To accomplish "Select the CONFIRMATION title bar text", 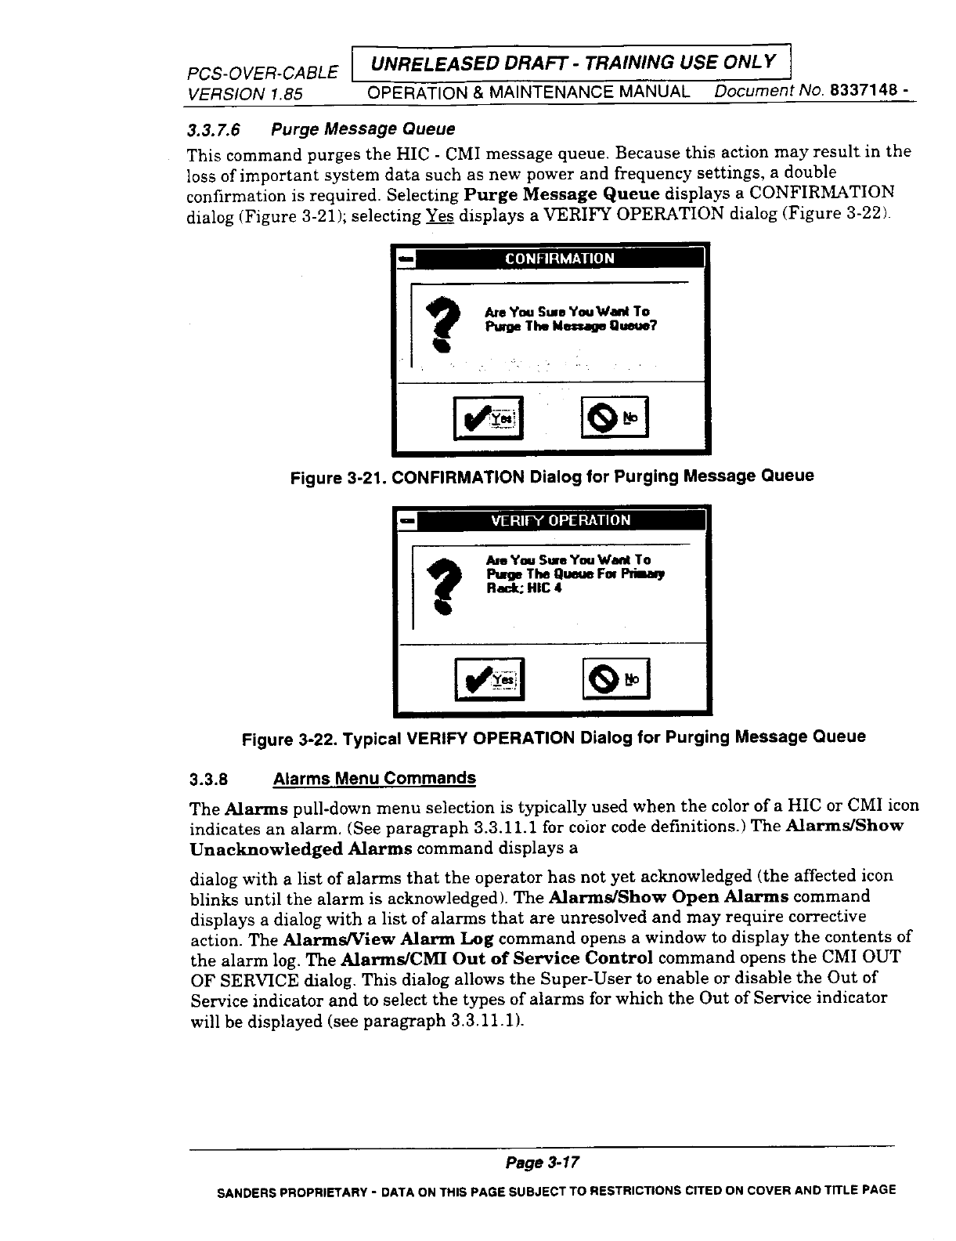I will tap(559, 259).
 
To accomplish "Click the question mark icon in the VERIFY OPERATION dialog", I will tap(444, 584).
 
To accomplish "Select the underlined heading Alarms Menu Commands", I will tap(373, 779).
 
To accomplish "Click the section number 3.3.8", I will tap(209, 780).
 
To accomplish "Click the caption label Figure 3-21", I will tap(337, 477).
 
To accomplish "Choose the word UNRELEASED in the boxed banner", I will tap(420, 62).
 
